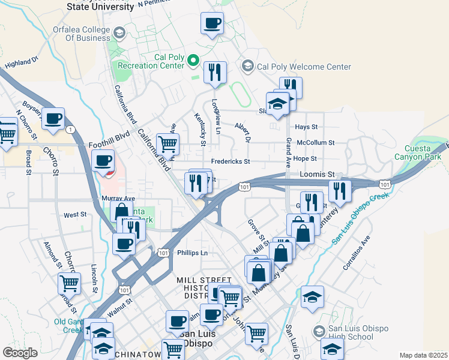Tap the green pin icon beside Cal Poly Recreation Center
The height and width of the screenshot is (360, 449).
[x=193, y=60]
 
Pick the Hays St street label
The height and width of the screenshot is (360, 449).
[x=306, y=127]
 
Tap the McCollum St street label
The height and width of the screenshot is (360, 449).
[x=319, y=143]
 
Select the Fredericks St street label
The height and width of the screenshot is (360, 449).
[x=230, y=162]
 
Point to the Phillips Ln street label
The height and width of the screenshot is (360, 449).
[x=192, y=253]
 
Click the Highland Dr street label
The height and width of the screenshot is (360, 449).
[x=21, y=62]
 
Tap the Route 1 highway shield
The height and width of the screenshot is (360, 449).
[x=71, y=130]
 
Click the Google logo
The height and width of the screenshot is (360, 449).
[x=20, y=353]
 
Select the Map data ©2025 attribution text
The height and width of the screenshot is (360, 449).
[x=423, y=355]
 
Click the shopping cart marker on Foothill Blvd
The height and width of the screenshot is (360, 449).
[x=167, y=144]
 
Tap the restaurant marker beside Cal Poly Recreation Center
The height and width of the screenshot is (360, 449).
[x=214, y=73]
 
